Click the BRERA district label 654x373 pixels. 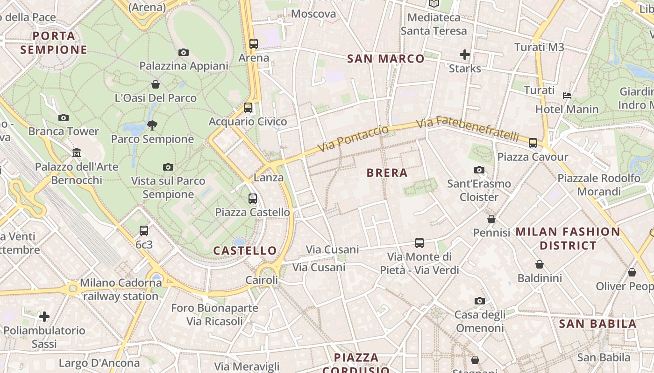point(387,173)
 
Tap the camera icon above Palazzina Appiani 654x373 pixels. point(184,52)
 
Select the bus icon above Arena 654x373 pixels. point(254,44)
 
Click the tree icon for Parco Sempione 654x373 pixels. point(152,125)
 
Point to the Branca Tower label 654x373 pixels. point(64,131)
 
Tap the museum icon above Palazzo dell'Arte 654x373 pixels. point(77,152)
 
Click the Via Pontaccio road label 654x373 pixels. point(353,138)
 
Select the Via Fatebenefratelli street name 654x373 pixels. point(467,129)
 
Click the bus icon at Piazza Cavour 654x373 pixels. point(533,143)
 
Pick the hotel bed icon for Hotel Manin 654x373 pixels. point(567,96)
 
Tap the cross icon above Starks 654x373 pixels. point(464,55)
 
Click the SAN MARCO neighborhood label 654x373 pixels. point(386,59)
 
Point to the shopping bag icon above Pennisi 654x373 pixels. point(491,219)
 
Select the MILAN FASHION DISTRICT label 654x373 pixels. point(568,238)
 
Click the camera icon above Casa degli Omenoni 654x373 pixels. point(480,301)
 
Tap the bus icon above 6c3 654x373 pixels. point(144,230)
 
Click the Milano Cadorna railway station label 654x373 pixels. point(121,290)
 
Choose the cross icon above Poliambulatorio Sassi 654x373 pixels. point(44,317)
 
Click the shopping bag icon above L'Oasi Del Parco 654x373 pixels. point(156,84)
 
